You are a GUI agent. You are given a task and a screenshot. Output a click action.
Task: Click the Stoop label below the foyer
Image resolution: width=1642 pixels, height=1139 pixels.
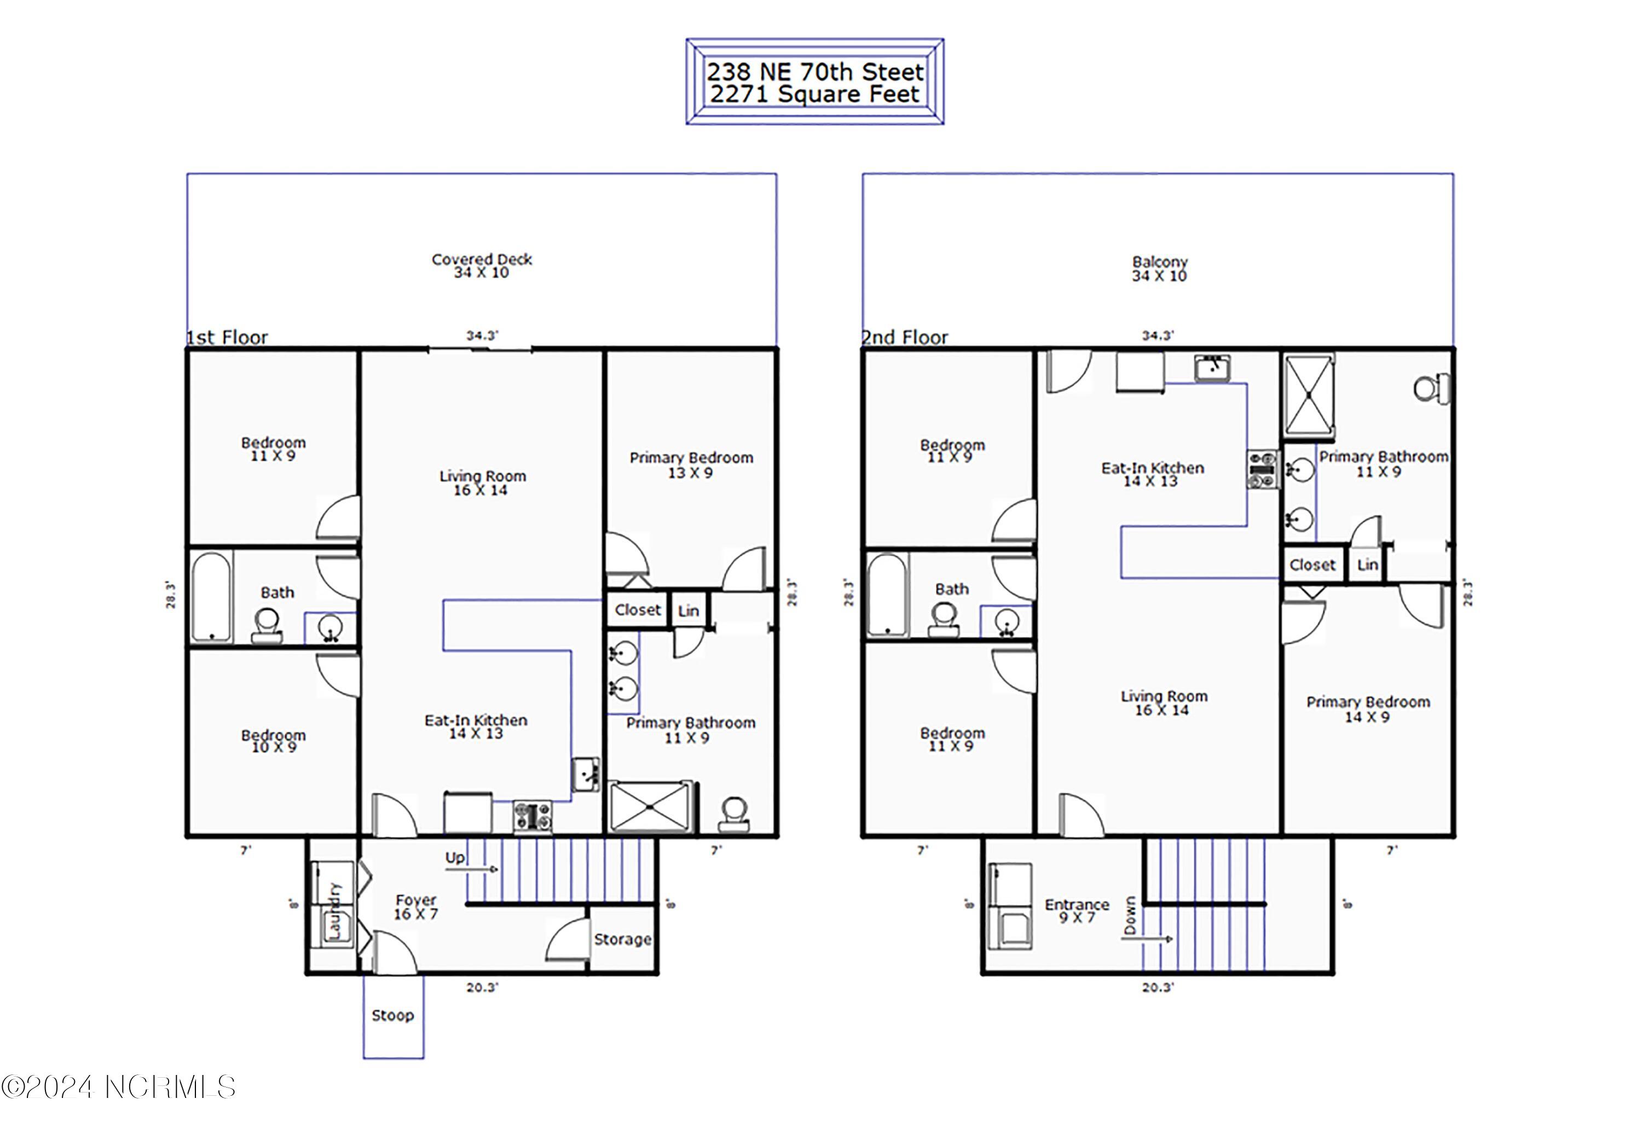tap(392, 1015)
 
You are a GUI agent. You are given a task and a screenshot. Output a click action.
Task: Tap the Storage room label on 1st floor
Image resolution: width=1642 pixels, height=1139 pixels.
tap(622, 939)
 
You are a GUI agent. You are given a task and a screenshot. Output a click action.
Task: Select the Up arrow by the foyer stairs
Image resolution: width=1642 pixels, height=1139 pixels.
tap(481, 869)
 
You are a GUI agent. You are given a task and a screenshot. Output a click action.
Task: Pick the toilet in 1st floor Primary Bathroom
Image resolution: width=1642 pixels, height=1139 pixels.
tap(733, 814)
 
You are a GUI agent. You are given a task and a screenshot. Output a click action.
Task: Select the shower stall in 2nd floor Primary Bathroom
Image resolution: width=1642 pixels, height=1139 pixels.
tap(1309, 396)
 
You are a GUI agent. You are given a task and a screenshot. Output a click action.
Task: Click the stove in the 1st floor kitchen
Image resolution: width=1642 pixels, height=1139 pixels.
tap(533, 816)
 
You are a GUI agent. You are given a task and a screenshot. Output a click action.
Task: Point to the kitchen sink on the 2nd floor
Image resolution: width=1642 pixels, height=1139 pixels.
tap(1212, 368)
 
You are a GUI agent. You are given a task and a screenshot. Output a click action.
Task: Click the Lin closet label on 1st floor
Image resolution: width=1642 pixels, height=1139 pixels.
tap(688, 611)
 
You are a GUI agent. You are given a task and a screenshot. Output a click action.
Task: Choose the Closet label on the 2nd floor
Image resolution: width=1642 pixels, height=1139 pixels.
tap(1312, 565)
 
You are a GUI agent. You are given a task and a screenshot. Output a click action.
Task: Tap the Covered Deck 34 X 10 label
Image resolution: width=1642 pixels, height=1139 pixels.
tap(482, 265)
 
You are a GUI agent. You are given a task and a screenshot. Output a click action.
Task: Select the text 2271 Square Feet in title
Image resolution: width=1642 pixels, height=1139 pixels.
tap(814, 94)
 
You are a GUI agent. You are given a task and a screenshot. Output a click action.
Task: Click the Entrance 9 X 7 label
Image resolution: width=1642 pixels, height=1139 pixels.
tap(1077, 911)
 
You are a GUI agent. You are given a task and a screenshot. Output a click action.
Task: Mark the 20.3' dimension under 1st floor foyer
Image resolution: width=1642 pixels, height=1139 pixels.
tap(482, 987)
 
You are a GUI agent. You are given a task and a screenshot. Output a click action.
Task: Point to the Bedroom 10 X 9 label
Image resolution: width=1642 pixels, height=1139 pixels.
tap(274, 741)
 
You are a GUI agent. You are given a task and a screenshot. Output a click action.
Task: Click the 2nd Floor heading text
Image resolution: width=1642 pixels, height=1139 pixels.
tap(905, 337)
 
